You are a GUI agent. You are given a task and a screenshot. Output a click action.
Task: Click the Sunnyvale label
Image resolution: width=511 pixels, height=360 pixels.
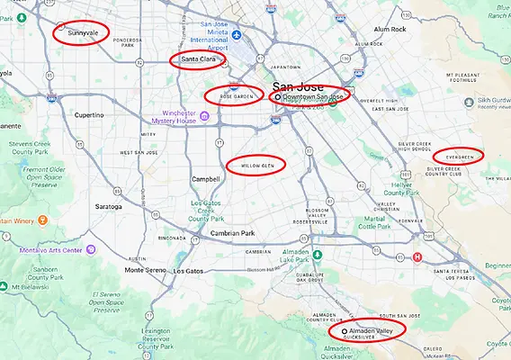85,32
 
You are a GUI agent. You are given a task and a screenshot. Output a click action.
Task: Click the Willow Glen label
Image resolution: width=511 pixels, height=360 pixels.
257,166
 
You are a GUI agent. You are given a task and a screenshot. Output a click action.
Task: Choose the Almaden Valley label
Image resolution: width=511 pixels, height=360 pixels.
372,331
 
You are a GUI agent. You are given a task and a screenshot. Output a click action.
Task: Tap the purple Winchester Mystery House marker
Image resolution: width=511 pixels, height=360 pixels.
204,115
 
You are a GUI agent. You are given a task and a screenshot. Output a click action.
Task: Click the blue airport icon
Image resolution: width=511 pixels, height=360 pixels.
237,35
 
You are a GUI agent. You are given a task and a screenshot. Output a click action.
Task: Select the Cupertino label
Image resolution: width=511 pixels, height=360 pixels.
89,115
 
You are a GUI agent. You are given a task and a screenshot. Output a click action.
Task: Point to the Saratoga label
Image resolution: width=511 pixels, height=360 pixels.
107,206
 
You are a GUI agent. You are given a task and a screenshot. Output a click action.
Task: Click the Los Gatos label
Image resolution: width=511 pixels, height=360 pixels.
189,271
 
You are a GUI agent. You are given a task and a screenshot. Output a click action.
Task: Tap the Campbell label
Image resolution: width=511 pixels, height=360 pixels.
206,179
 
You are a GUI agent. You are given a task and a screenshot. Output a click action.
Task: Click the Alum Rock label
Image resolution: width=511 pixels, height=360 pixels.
390,29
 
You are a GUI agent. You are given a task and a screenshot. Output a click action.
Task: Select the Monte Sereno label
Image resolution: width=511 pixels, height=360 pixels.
146,270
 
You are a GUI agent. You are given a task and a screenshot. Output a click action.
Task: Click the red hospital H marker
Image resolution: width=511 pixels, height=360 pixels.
417,256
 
